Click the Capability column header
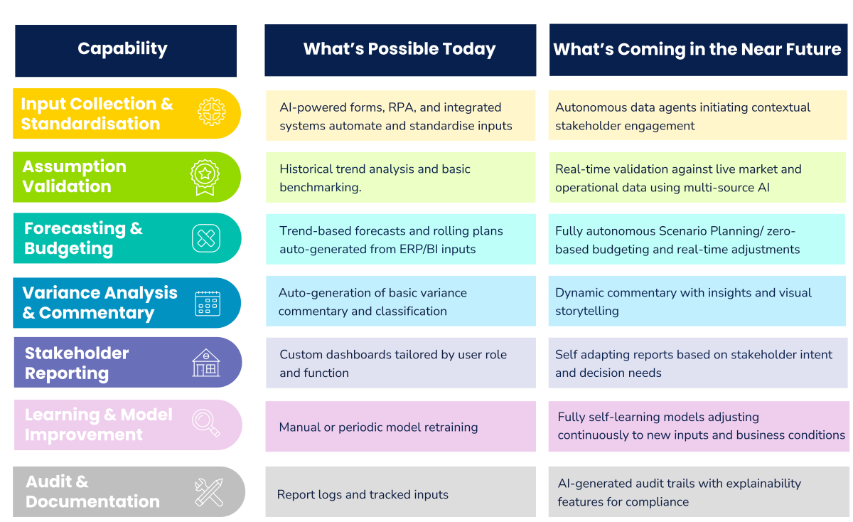(x=126, y=50)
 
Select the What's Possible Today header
(x=400, y=50)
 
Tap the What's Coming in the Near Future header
(x=698, y=50)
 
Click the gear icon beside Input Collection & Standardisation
(x=212, y=112)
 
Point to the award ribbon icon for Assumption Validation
(x=205, y=177)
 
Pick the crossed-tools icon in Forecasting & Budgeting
(x=206, y=238)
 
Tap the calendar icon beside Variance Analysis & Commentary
(x=208, y=303)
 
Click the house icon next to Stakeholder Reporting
(x=206, y=363)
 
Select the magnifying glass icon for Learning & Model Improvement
(x=206, y=423)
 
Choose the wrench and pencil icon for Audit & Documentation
(x=209, y=493)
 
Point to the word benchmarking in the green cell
(x=321, y=188)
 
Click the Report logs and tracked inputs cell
(x=401, y=492)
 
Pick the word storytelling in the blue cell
(x=587, y=311)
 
